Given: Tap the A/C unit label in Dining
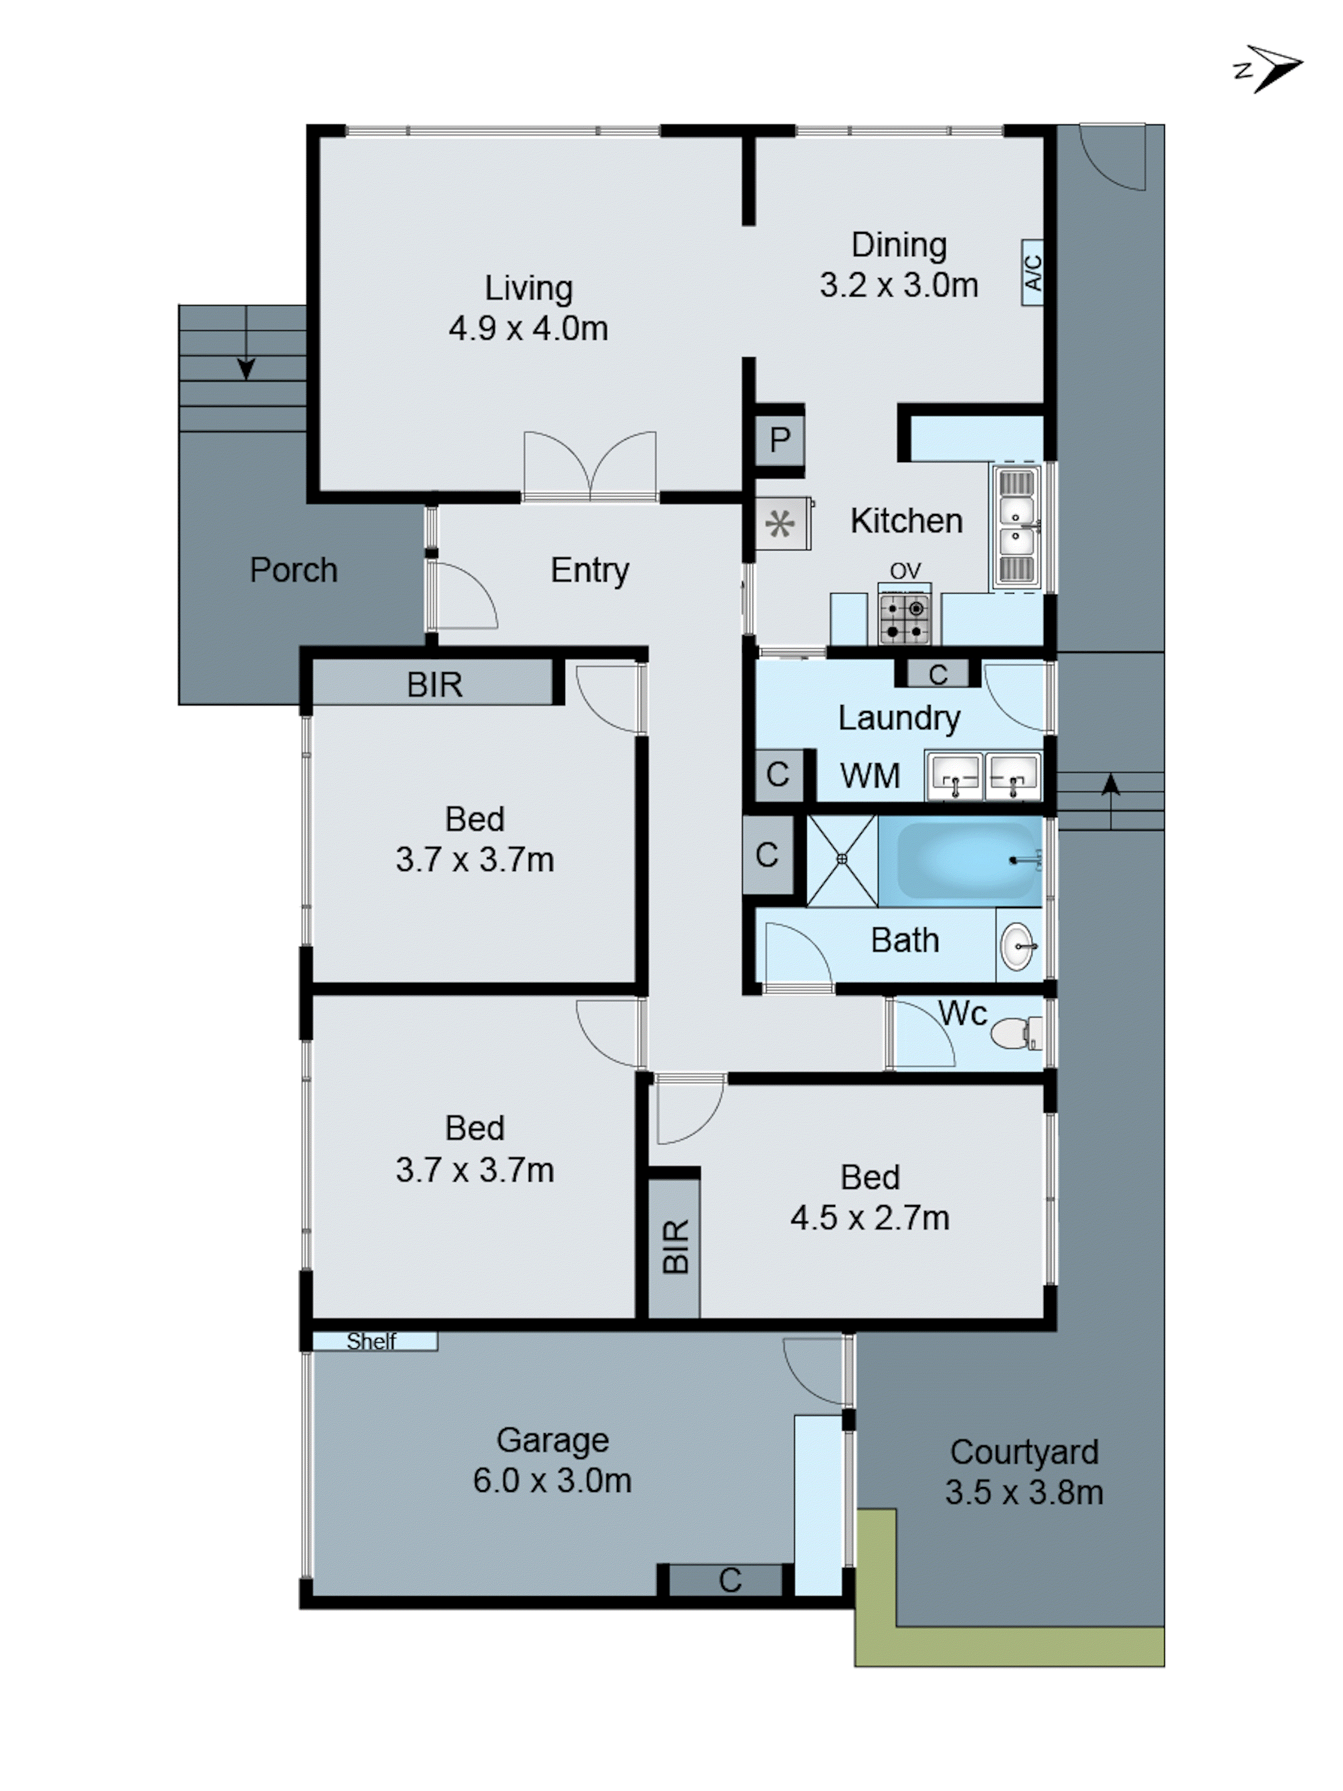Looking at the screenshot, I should [x=1032, y=273].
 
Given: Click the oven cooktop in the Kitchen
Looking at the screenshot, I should [x=904, y=619].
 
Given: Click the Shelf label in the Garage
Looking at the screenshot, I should [x=372, y=1341].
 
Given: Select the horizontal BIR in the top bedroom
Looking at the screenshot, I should [x=435, y=684].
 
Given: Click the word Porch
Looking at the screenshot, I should [x=293, y=570].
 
